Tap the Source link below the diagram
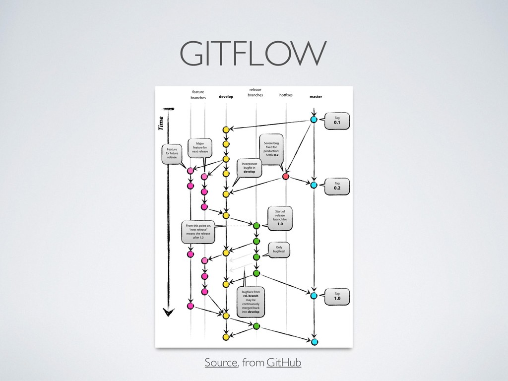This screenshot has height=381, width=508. (x=221, y=363)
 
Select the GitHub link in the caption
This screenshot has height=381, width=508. (x=283, y=363)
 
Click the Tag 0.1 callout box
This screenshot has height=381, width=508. (x=337, y=121)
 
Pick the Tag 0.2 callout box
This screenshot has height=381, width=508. (x=337, y=186)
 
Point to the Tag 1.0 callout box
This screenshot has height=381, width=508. (x=337, y=296)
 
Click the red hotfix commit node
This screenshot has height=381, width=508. (x=286, y=177)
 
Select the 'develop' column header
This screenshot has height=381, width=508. (x=226, y=97)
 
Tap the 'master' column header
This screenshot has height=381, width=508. (x=316, y=97)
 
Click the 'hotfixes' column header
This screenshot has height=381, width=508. (x=286, y=94)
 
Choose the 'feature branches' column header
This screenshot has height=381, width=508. (x=198, y=95)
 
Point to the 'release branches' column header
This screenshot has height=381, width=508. (x=255, y=92)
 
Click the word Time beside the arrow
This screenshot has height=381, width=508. (x=161, y=123)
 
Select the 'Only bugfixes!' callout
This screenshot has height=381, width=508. (x=279, y=250)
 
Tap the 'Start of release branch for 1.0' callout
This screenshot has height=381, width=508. (x=280, y=218)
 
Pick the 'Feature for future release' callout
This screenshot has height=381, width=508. (x=172, y=153)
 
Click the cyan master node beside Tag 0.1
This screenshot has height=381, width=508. (x=314, y=120)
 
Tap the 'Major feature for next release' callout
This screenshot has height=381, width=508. (x=200, y=147)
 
